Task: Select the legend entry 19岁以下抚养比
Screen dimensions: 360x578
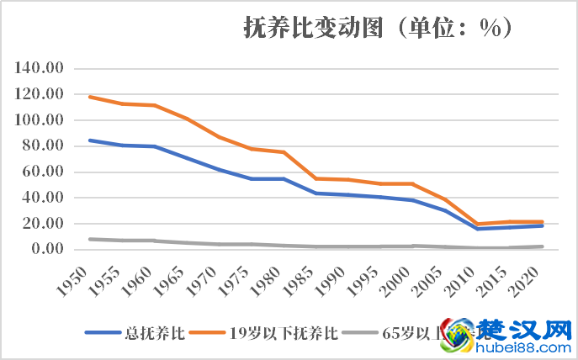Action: tap(284, 332)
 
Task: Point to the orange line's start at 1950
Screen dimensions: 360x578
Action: tap(90, 97)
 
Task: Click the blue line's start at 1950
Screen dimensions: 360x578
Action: tap(90, 140)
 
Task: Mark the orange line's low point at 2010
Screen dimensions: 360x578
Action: tap(479, 224)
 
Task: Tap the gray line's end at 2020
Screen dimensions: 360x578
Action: tap(543, 246)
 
